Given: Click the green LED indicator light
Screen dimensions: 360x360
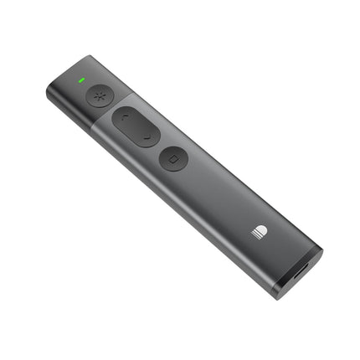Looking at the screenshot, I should [x=81, y=81].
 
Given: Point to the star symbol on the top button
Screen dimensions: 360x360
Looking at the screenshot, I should [x=100, y=94].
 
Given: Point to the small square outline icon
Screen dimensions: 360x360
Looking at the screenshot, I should [x=173, y=159].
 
